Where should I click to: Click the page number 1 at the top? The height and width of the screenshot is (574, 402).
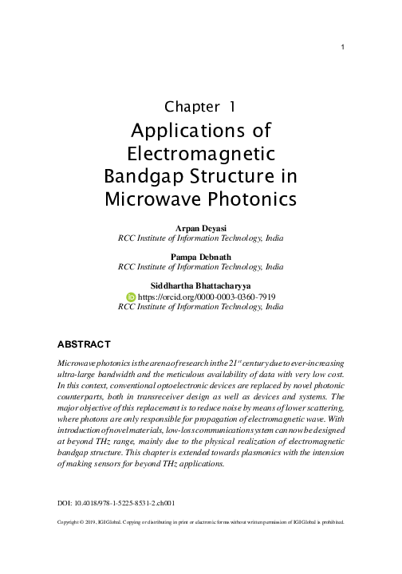click(x=341, y=47)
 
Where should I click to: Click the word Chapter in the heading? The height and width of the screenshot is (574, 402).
click(x=190, y=105)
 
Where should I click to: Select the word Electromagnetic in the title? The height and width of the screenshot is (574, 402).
click(x=201, y=151)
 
